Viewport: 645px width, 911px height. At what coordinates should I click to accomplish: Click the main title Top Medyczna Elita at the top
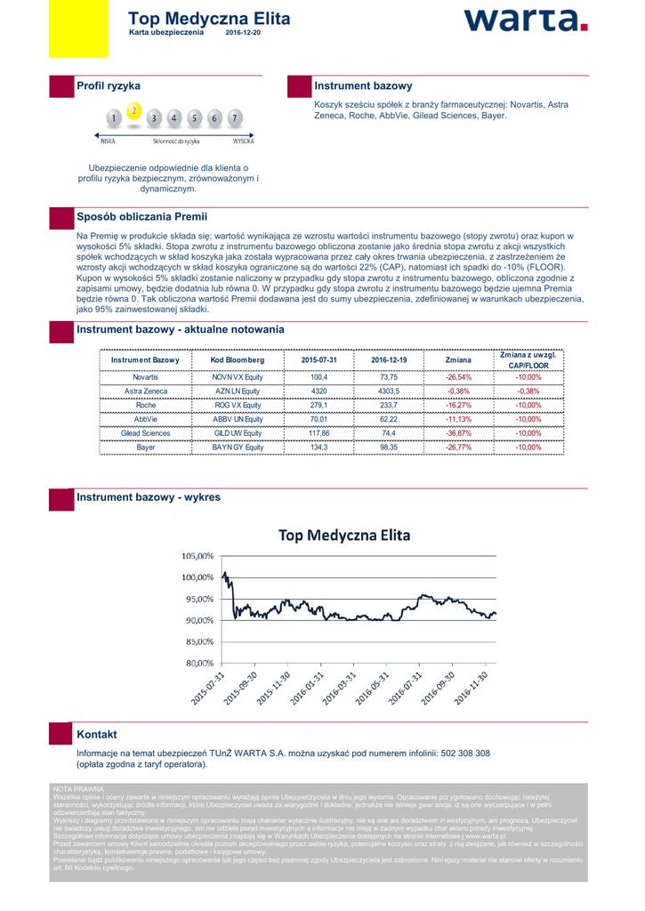209,19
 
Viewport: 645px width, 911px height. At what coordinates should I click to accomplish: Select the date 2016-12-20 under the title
243,32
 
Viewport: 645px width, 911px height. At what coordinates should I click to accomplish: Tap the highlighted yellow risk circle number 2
133,110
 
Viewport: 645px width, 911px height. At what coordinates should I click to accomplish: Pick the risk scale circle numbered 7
234,117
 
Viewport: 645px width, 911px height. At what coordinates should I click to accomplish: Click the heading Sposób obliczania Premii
141,216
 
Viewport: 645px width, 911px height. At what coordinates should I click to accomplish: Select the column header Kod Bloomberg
238,359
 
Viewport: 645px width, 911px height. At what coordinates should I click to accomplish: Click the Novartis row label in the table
145,377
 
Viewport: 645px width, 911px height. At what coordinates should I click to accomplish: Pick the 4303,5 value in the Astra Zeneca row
388,391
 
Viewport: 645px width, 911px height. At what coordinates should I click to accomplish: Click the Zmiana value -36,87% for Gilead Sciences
458,433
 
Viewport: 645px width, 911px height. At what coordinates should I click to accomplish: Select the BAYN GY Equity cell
238,447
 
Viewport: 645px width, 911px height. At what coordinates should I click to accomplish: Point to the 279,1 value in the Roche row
318,406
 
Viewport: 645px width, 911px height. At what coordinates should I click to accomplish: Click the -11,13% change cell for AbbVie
458,419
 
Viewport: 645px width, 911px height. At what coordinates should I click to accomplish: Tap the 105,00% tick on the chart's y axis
198,555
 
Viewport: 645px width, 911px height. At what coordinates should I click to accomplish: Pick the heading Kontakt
97,734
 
